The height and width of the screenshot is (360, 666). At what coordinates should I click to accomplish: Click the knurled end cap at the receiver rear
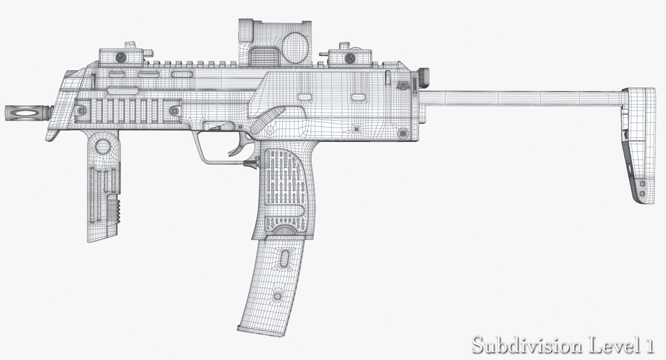pos(424,78)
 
